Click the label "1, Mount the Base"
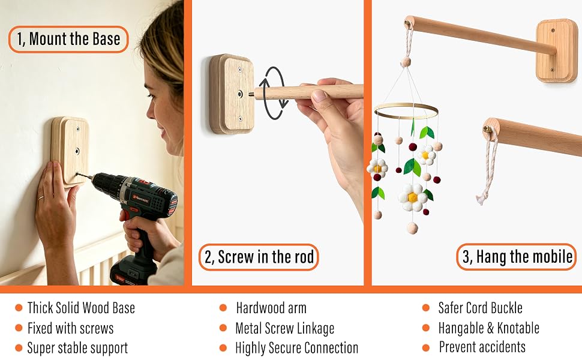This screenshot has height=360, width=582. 68,39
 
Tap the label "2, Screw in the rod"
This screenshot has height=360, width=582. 259,257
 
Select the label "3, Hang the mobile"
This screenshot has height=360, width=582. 517,257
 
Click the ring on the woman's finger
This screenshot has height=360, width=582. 41,198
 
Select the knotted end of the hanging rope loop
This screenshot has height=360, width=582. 480,198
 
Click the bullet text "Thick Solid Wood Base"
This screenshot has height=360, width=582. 81,308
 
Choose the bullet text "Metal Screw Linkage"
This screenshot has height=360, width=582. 284,328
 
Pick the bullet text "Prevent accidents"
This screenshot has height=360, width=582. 482,347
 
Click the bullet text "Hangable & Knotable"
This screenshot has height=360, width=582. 488,328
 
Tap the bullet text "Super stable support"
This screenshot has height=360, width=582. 77,348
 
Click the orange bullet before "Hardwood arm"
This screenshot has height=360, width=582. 223,308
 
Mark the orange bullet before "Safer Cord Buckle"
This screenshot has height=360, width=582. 426,308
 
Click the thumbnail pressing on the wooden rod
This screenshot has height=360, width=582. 318,96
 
